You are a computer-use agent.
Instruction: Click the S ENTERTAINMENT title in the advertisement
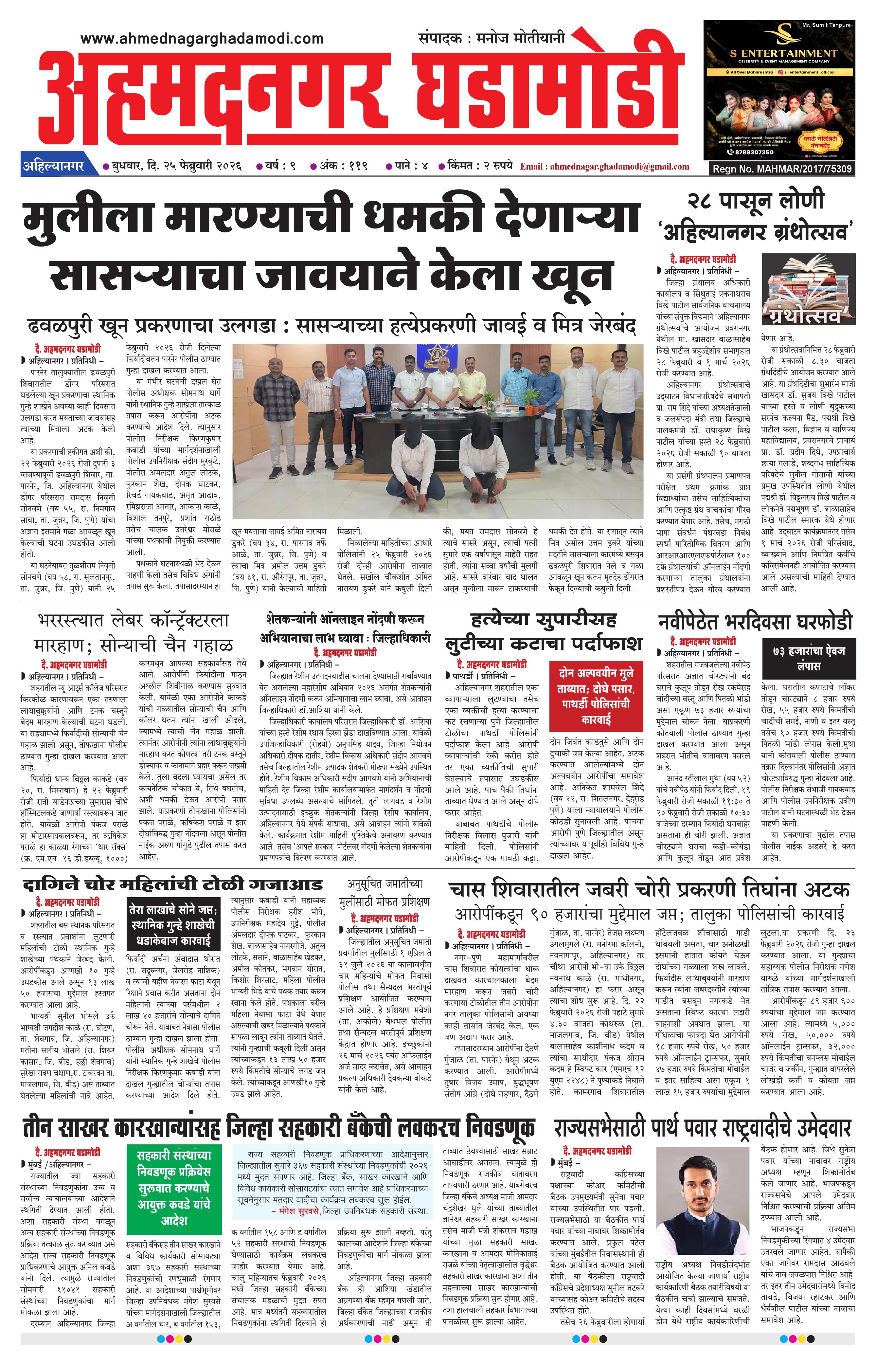pyautogui.click(x=783, y=53)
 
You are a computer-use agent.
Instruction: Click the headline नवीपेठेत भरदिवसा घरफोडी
pyautogui.click(x=755, y=621)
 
